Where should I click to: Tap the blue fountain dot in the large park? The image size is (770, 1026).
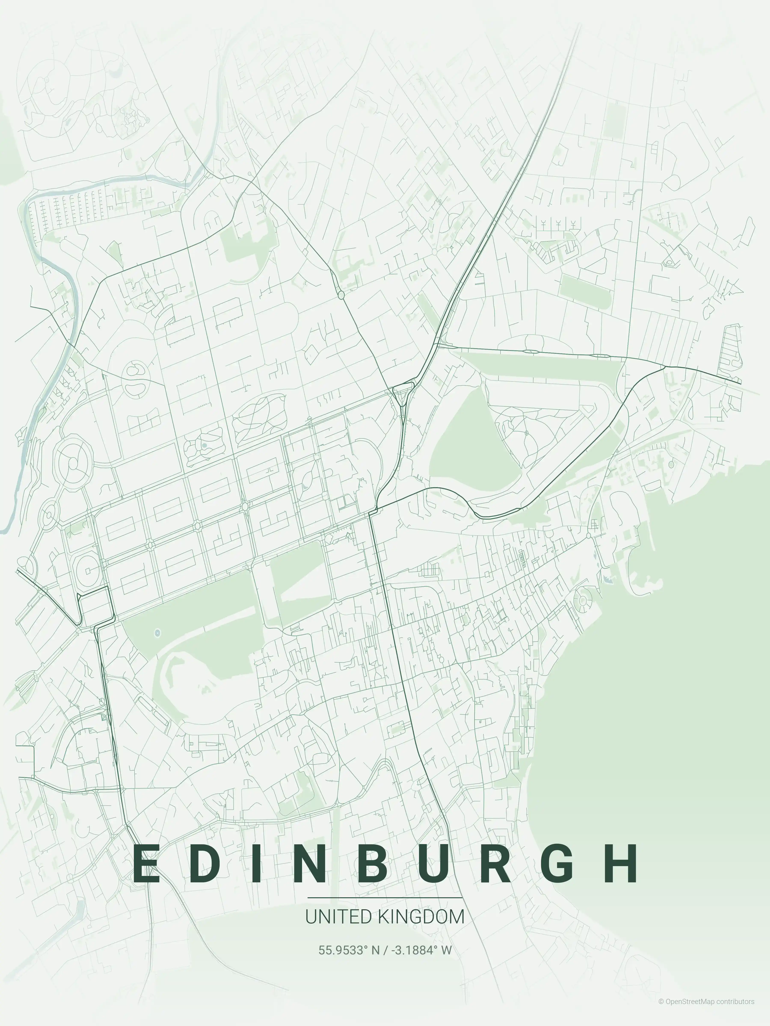(x=157, y=632)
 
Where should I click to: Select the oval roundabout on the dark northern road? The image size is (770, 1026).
(x=341, y=295)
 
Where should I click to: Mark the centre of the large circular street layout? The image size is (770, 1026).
(x=73, y=462)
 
